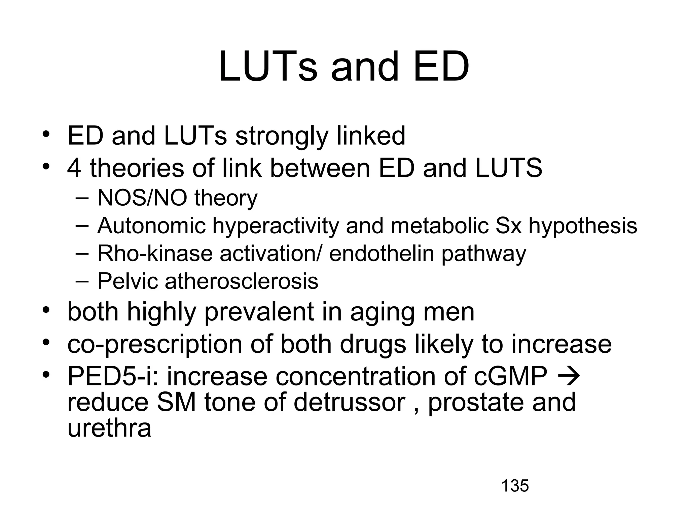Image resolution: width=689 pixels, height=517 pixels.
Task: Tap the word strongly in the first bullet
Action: click(281, 136)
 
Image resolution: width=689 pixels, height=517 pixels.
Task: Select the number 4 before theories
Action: click(74, 168)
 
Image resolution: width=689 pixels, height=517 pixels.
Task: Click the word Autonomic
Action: click(151, 226)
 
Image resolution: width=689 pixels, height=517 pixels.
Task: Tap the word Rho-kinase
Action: click(155, 253)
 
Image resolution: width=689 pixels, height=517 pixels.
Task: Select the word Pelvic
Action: click(128, 281)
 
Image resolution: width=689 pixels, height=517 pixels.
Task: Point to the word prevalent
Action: click(259, 312)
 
